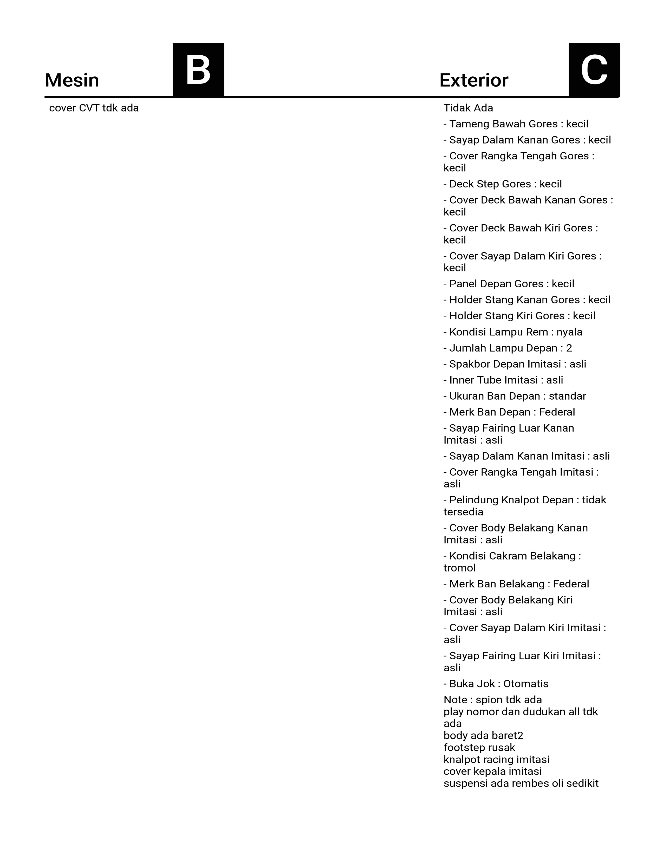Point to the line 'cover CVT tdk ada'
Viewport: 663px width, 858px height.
[94, 108]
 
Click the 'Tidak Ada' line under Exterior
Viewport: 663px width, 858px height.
[468, 108]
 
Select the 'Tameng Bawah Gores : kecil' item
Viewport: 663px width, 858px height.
[516, 124]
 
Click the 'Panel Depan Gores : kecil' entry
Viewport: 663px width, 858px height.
[509, 284]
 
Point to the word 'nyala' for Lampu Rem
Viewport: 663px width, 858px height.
[569, 332]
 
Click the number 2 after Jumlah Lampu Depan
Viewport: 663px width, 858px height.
[569, 348]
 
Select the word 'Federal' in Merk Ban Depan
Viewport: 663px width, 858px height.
[557, 412]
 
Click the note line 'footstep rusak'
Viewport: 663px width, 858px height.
[479, 747]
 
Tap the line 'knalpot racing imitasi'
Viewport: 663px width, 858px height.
[496, 759]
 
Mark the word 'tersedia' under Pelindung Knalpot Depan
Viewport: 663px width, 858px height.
[464, 512]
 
